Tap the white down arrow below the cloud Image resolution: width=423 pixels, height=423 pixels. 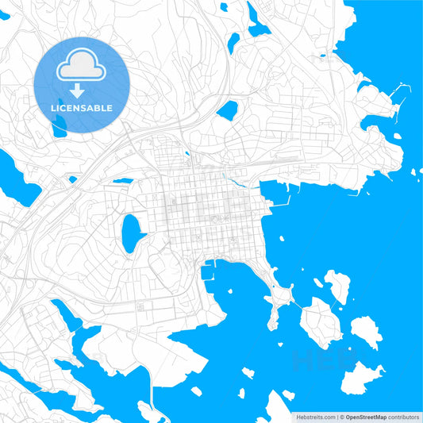[76, 90]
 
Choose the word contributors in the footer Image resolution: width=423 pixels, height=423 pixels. [402, 416]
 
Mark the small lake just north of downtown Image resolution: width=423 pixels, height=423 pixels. [228, 110]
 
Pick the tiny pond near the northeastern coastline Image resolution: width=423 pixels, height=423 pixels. [322, 56]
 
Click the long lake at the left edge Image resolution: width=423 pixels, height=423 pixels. [17, 179]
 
